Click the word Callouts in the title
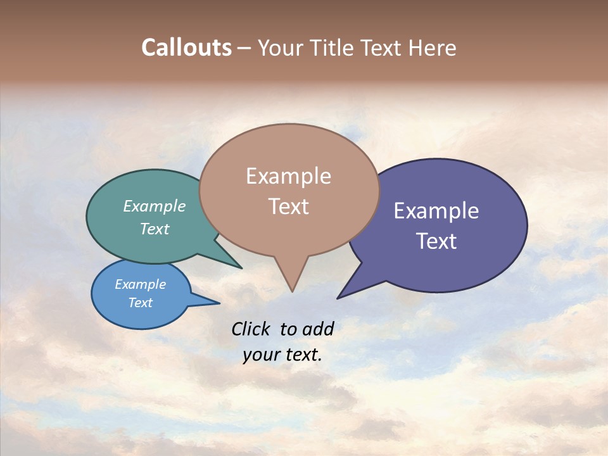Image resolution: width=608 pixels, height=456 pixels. pyautogui.click(x=186, y=47)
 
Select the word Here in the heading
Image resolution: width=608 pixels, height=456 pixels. pyautogui.click(x=432, y=47)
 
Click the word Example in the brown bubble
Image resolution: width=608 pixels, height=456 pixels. pyautogui.click(x=288, y=176)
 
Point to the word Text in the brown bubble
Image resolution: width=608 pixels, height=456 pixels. pyautogui.click(x=288, y=206)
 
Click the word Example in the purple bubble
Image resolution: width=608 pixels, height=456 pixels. pyautogui.click(x=436, y=211)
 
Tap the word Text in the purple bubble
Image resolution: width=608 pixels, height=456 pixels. pyautogui.click(x=436, y=241)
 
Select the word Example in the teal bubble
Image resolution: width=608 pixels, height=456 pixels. pyautogui.click(x=154, y=206)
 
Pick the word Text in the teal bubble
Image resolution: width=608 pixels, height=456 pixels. pyautogui.click(x=154, y=229)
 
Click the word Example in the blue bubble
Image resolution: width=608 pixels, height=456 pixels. pyautogui.click(x=140, y=284)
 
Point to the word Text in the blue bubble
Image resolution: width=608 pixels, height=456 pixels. pyautogui.click(x=140, y=303)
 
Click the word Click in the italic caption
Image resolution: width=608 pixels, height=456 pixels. pyautogui.click(x=250, y=329)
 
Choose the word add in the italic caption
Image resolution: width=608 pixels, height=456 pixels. pyautogui.click(x=318, y=329)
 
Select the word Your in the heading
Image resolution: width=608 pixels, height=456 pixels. pyautogui.click(x=281, y=47)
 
